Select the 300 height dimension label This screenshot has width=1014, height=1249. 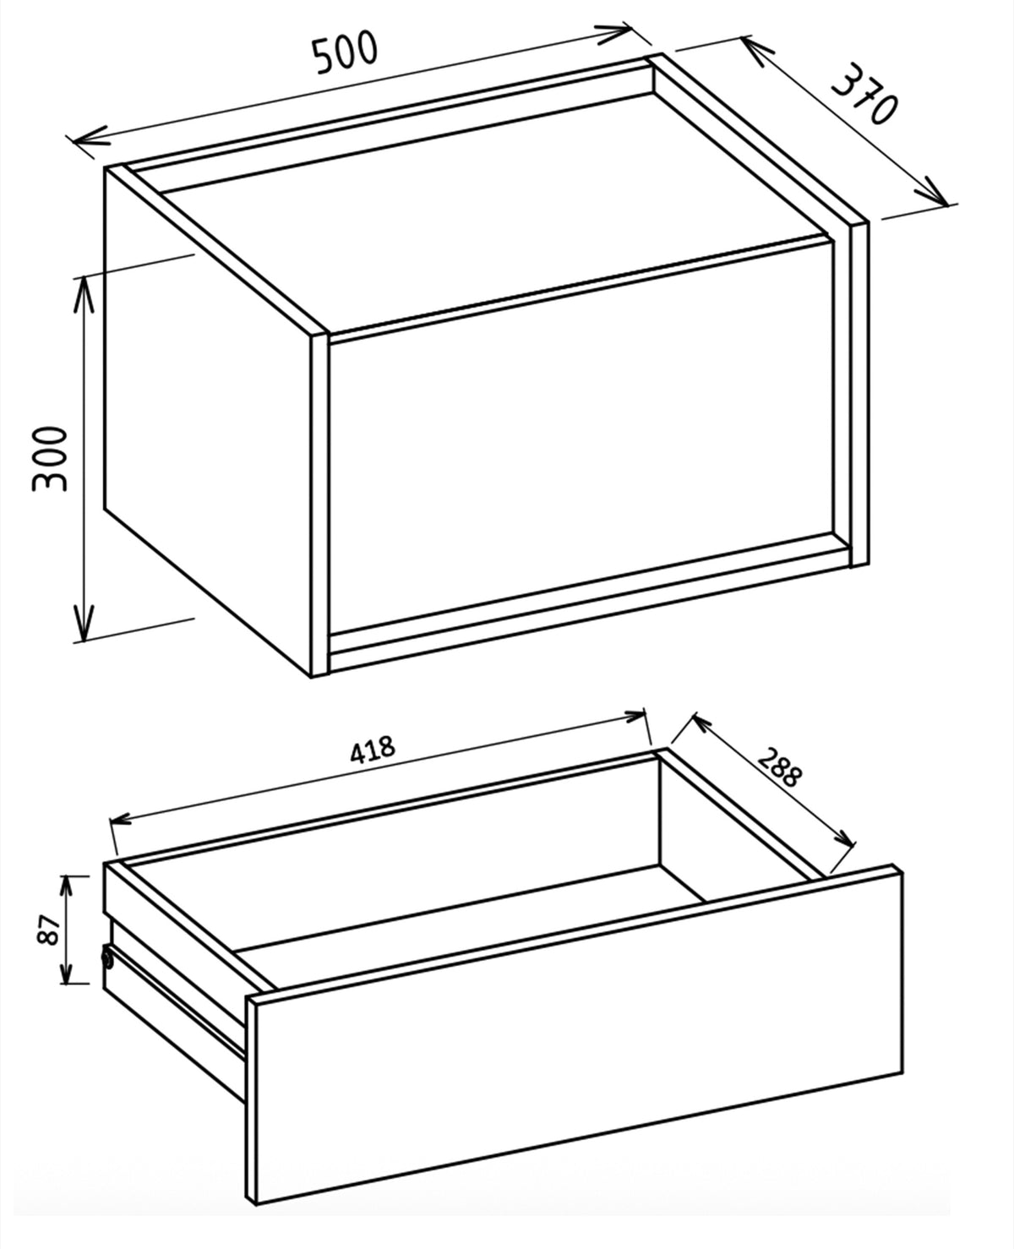(51, 459)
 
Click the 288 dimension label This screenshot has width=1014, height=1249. (779, 767)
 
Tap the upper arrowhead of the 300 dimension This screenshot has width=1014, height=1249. (84, 294)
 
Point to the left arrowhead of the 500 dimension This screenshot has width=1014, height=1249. (88, 139)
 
